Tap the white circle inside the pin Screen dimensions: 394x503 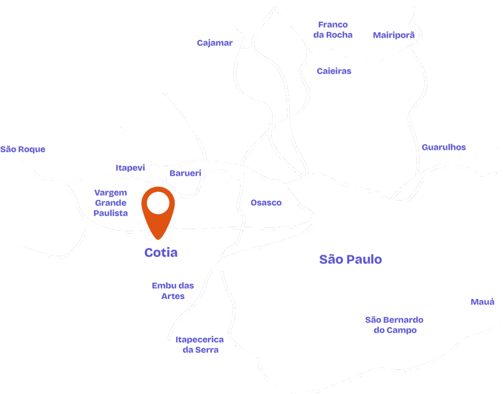pos(158,203)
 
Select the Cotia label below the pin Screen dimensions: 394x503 pos(161,253)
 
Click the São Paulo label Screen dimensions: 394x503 pos(350,260)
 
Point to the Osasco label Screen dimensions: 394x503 pos(266,203)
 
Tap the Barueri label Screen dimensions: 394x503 pos(186,173)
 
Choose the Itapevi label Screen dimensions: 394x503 pos(131,168)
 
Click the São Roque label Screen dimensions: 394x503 pos(23,149)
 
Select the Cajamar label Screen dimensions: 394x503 pos(215,43)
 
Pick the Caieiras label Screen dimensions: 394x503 pos(334,71)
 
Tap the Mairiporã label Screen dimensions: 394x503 pos(394,35)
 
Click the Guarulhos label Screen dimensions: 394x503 pos(444,147)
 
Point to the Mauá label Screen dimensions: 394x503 pos(482,302)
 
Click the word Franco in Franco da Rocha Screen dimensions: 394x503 pos(333,25)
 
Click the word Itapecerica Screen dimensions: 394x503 pos(199,340)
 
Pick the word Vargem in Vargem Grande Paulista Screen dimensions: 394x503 pos(111,193)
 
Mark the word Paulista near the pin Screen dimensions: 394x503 pos(112,213)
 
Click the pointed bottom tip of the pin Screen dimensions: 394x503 pos(158,239)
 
